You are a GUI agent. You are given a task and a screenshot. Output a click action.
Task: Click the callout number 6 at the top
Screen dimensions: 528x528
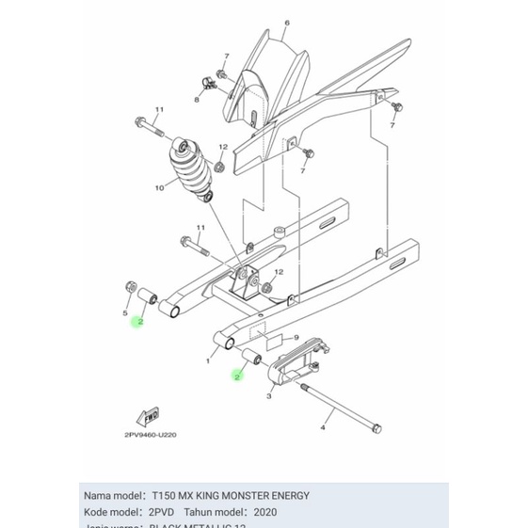(261, 21)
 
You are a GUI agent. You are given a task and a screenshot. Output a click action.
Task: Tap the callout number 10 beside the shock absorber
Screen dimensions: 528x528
(159, 187)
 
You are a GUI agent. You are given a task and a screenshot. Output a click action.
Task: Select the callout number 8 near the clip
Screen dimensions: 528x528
(198, 99)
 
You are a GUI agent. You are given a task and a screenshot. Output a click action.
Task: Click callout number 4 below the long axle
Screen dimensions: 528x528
(322, 428)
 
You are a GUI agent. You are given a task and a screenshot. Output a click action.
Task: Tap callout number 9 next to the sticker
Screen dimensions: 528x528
(296, 337)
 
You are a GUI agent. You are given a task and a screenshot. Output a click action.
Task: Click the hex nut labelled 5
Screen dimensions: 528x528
(128, 287)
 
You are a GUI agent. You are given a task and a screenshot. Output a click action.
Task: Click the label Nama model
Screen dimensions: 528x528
(114, 495)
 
